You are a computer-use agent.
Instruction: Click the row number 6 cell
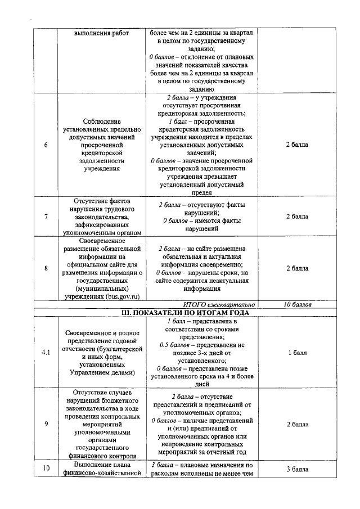pyautogui.click(x=45, y=145)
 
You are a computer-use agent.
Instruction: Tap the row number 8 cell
pyautogui.click(x=45, y=268)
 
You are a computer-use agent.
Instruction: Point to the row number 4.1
pyautogui.click(x=46, y=353)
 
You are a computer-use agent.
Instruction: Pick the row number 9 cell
pyautogui.click(x=45, y=424)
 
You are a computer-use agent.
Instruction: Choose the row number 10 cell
pyautogui.click(x=45, y=469)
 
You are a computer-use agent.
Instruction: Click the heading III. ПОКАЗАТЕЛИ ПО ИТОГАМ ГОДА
pyautogui.click(x=185, y=312)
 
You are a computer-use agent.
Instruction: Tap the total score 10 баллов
pyautogui.click(x=297, y=304)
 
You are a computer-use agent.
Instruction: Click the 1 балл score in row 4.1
pyautogui.click(x=297, y=353)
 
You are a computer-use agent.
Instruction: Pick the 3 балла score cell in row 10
pyautogui.click(x=297, y=469)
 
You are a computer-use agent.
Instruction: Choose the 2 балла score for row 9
pyautogui.click(x=297, y=424)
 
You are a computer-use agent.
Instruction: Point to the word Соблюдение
pyautogui.click(x=101, y=121)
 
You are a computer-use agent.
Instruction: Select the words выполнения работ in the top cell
pyautogui.click(x=101, y=33)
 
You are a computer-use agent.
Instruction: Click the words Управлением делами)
pyautogui.click(x=101, y=372)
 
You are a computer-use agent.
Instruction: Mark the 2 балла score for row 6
pyautogui.click(x=297, y=145)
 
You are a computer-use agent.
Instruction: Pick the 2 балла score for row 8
pyautogui.click(x=297, y=268)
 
